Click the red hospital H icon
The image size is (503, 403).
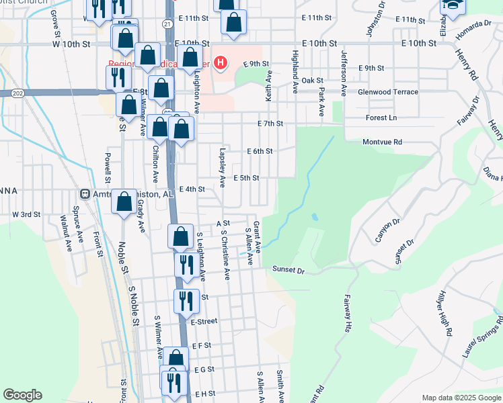click(x=220, y=64)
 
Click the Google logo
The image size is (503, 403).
click(x=22, y=395)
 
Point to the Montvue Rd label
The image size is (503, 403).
click(x=381, y=142)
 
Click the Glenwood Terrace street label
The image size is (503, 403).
click(x=388, y=92)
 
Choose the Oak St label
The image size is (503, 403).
click(x=313, y=80)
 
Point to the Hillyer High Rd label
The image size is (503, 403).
click(x=445, y=312)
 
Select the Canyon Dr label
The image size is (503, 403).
click(x=388, y=230)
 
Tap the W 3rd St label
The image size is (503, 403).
click(x=26, y=214)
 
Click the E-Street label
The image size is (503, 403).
click(x=204, y=322)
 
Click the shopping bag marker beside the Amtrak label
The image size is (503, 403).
click(x=124, y=203)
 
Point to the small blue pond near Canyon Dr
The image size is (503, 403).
click(x=315, y=217)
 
